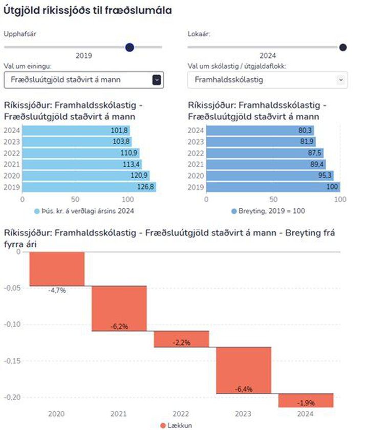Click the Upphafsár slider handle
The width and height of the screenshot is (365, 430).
(130, 47)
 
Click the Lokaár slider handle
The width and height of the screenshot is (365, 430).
(343, 47)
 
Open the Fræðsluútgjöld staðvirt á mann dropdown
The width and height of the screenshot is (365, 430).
(83, 80)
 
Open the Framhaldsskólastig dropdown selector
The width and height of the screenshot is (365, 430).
(267, 80)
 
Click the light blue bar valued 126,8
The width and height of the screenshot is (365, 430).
(89, 187)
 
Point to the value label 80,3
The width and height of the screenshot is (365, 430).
(305, 131)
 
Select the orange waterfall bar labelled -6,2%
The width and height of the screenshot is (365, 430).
(119, 308)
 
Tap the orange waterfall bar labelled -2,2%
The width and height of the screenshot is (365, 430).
(181, 339)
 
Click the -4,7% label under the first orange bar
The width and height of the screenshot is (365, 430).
(56, 290)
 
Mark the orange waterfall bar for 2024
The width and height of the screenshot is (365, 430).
(306, 400)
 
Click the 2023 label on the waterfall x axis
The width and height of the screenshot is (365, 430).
(243, 414)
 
